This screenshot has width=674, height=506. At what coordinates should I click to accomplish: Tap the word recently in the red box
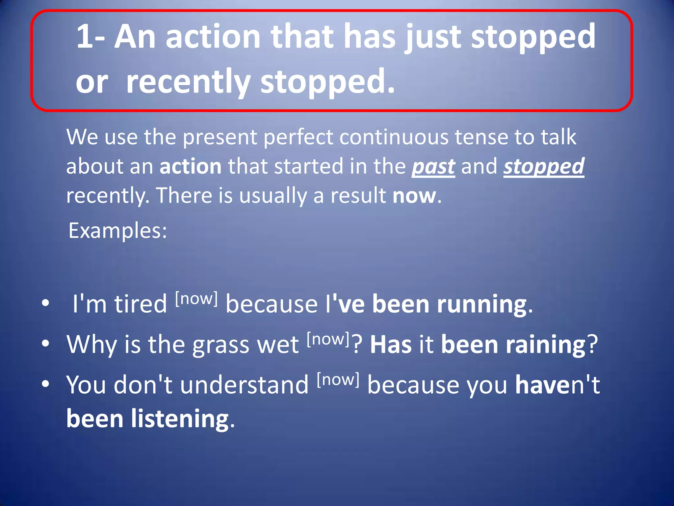(x=188, y=82)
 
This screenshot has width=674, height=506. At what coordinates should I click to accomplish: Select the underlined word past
(x=433, y=166)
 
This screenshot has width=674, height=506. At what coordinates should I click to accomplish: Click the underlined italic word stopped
(x=544, y=166)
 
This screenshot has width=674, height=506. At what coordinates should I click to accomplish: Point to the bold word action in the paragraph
(x=191, y=166)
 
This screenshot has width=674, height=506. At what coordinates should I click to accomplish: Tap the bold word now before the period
(x=414, y=195)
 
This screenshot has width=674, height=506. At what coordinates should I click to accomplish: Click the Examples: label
(x=118, y=230)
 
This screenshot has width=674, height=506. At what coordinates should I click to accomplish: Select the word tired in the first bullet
(x=141, y=304)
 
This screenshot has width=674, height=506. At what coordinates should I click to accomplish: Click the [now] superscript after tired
(x=196, y=298)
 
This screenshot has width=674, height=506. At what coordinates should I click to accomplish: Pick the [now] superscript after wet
(x=328, y=339)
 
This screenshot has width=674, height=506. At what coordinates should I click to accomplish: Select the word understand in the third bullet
(x=244, y=384)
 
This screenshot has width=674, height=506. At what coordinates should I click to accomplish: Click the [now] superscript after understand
(x=338, y=379)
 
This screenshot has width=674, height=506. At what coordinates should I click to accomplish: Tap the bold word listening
(x=180, y=419)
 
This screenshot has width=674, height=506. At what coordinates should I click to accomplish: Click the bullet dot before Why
(x=45, y=344)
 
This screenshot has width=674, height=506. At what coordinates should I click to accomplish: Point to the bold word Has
(x=391, y=344)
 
